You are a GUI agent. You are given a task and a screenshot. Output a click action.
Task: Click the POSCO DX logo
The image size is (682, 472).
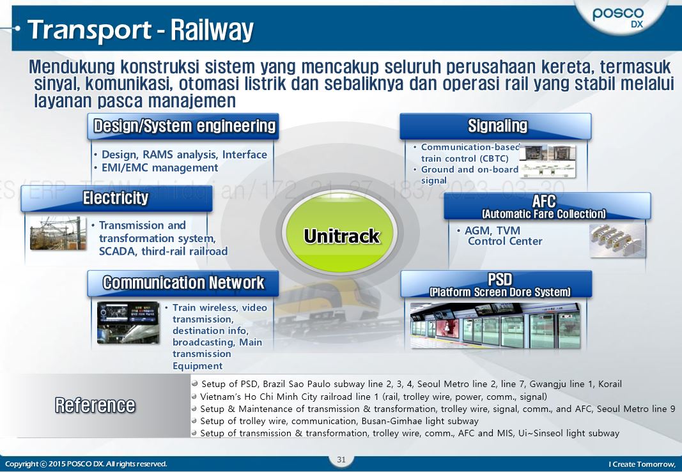(618, 17)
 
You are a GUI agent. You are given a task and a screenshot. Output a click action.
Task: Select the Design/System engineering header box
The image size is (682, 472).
(183, 126)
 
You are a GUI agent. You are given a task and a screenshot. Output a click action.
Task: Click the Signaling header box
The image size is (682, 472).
(496, 126)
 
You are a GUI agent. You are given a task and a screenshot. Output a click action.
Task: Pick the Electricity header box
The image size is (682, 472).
(116, 199)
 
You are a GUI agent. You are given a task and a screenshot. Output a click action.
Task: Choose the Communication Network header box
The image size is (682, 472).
(183, 283)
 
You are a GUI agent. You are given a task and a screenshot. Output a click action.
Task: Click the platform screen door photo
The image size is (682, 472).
(496, 326)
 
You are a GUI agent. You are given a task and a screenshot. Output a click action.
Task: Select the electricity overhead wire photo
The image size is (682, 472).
(58, 233)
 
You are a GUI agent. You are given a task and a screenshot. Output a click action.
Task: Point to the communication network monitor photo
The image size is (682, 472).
(128, 323)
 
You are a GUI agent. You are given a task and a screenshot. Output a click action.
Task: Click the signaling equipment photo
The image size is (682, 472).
(548, 161)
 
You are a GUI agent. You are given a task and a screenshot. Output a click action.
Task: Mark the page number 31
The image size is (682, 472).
(341, 459)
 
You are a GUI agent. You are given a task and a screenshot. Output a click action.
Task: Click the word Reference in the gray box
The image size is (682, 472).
(95, 405)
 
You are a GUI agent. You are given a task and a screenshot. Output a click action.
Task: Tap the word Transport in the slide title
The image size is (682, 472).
(88, 30)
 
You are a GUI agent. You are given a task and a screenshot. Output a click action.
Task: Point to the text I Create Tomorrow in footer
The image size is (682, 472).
(641, 464)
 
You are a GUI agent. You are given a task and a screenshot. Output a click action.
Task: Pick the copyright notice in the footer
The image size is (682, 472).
(86, 464)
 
